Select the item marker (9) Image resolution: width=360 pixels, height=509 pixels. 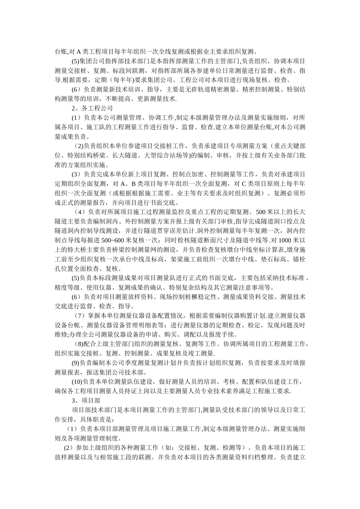76,363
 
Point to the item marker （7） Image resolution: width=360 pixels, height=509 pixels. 80,316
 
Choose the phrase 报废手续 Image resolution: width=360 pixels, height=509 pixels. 222,334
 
